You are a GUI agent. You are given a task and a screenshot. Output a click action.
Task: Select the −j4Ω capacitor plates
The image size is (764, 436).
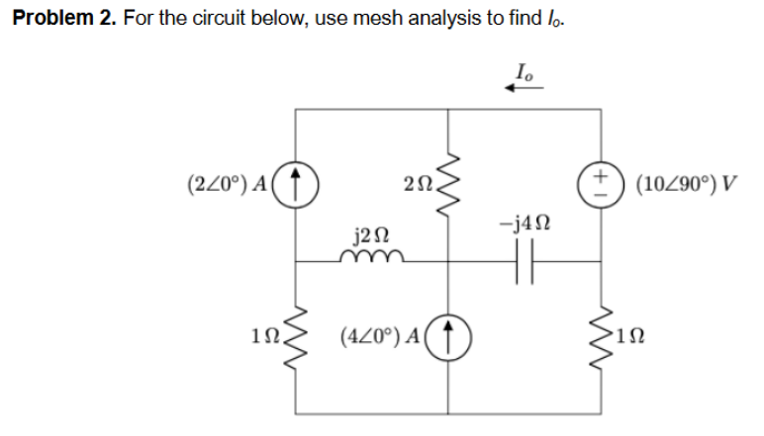coord(525,263)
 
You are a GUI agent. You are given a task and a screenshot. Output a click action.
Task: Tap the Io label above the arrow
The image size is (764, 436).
coord(523,69)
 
